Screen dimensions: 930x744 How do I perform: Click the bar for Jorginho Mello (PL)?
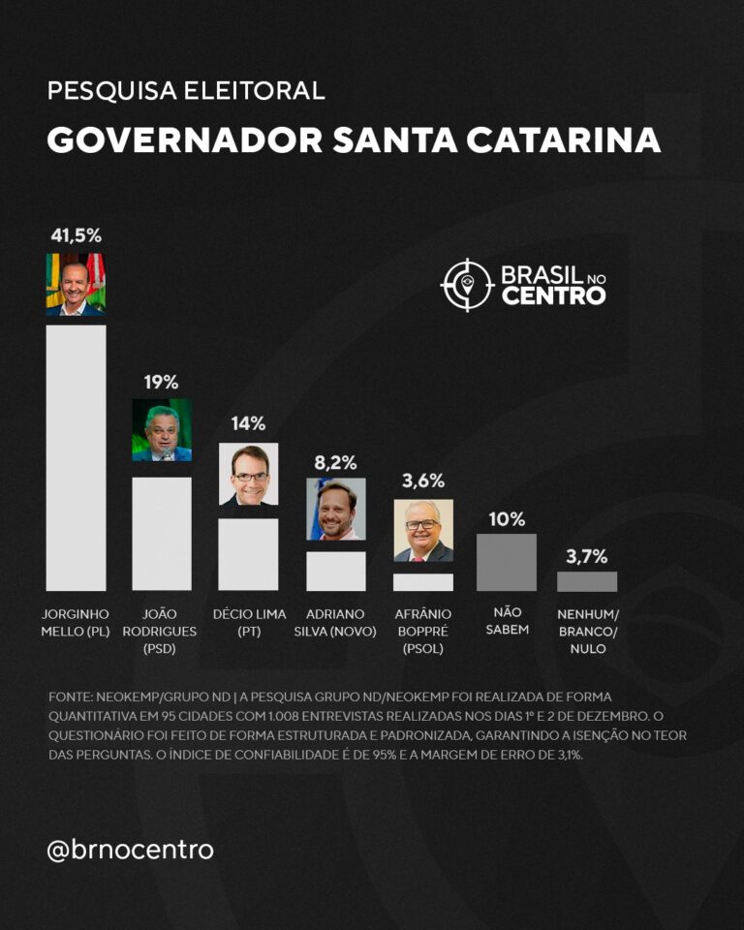[76, 457]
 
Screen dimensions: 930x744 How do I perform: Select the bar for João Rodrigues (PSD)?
[162, 533]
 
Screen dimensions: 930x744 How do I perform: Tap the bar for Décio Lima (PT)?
[249, 554]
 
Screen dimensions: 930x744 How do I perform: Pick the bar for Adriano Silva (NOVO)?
[336, 571]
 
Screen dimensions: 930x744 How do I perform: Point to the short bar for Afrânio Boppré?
[423, 581]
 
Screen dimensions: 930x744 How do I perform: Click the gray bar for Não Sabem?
[507, 562]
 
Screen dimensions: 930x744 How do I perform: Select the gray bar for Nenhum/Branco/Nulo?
[587, 581]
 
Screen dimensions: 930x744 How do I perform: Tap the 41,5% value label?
[76, 235]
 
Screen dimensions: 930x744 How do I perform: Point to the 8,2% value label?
[336, 461]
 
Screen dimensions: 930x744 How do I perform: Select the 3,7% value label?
[587, 556]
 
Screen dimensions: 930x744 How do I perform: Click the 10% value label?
[507, 518]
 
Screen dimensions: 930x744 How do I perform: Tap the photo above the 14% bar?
[249, 474]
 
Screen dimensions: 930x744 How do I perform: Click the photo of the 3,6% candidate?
[423, 530]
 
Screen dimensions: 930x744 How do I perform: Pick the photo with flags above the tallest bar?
[76, 284]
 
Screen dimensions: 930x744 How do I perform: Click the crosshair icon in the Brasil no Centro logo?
[467, 285]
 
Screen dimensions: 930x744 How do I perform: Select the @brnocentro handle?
[130, 850]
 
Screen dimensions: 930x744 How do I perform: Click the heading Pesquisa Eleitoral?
[185, 92]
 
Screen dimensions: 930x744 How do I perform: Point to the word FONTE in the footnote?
[71, 697]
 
